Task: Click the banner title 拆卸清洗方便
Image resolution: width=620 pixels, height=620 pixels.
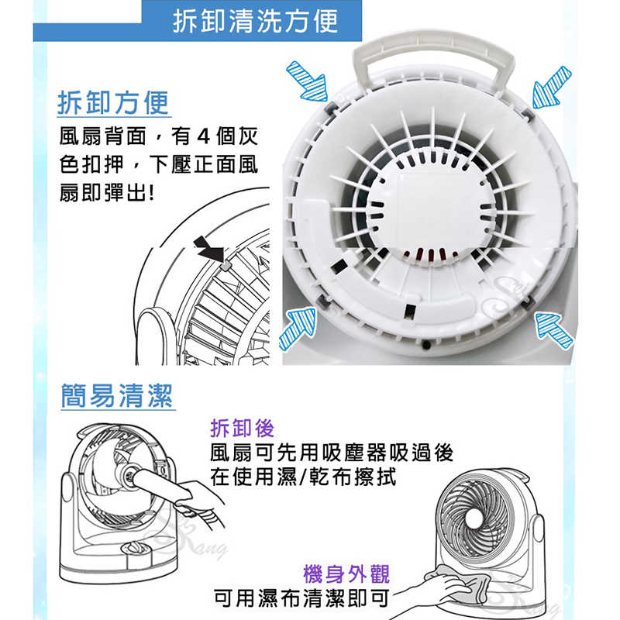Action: (256, 21)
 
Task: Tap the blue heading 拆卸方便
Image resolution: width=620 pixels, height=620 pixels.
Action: (113, 102)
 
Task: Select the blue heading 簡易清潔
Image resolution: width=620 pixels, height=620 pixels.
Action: (117, 395)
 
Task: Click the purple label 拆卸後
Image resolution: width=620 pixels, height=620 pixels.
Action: (242, 428)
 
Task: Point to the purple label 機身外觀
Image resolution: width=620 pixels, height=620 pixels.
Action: (346, 573)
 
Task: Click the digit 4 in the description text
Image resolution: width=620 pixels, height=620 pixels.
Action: (203, 136)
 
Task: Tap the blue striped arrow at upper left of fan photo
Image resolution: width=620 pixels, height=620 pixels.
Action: (308, 81)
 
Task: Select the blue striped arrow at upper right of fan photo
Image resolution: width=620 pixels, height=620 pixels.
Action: (551, 88)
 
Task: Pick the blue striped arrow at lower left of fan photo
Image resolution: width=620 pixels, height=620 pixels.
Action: (298, 328)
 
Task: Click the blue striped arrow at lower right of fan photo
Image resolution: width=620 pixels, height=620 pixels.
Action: (553, 329)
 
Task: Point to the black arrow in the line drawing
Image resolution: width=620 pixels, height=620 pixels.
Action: (209, 249)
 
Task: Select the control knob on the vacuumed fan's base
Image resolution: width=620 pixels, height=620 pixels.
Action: (133, 549)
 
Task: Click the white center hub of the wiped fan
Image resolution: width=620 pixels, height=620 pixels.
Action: (474, 518)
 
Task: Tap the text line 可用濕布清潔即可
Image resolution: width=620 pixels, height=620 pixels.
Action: (301, 598)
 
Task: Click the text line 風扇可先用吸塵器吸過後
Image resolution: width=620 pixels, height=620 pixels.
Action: (332, 453)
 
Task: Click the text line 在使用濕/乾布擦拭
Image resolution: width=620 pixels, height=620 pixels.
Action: (303, 477)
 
